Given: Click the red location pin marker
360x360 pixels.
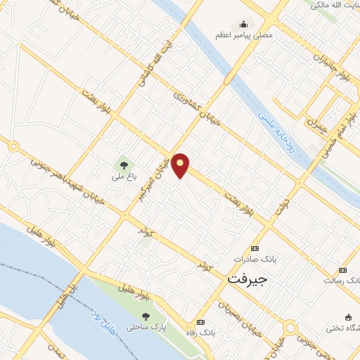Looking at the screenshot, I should [181, 165].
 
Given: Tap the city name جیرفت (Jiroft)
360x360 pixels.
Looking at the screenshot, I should [247, 278].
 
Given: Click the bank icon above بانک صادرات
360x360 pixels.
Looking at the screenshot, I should [255, 248].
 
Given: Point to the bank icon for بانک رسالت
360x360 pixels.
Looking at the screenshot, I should [342, 270].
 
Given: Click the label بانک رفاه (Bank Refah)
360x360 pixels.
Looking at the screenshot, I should [199, 330].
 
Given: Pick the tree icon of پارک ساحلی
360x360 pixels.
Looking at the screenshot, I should [145, 316].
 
